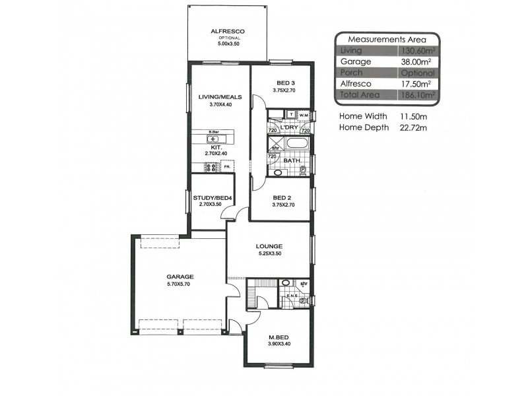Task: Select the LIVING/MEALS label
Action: point(220,97)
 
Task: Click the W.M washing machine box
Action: point(304,115)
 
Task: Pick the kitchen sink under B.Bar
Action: point(214,139)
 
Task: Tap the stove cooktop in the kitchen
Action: point(213,168)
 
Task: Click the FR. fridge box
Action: point(228,167)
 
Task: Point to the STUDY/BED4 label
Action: point(208,197)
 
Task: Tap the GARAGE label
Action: point(180,277)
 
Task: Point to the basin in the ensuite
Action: point(284,283)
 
